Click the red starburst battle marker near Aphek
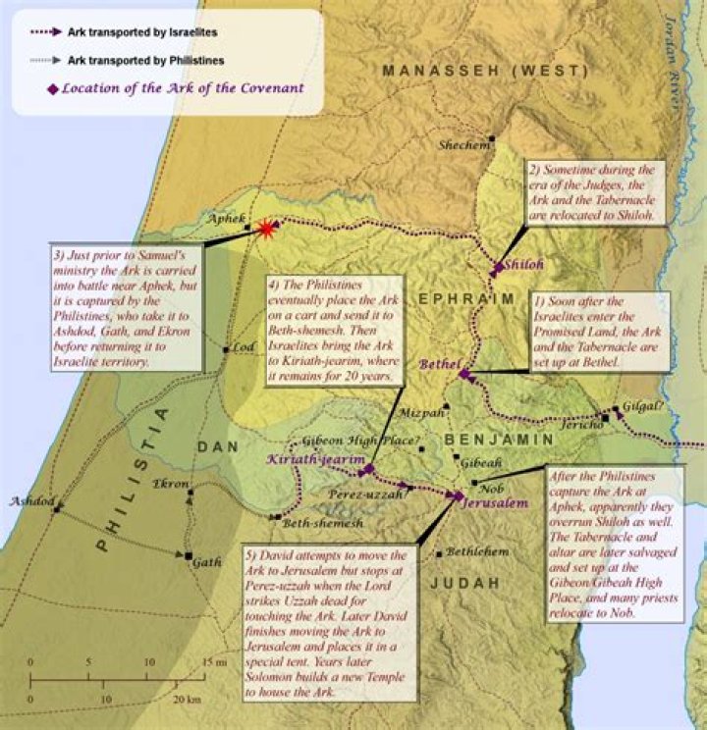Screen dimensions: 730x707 click(x=265, y=229)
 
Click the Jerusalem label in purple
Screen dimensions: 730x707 click(x=496, y=502)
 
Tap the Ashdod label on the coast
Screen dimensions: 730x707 click(x=28, y=501)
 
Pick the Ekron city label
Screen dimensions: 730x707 click(x=172, y=483)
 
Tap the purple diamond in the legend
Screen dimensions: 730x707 click(x=52, y=88)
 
